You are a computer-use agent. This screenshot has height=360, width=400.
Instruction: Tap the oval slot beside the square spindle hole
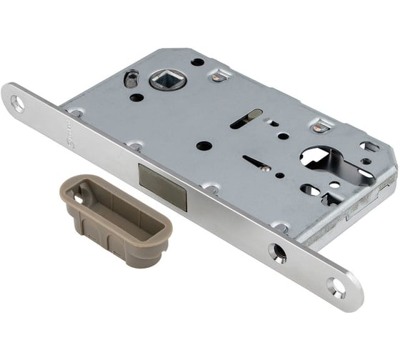(131, 79)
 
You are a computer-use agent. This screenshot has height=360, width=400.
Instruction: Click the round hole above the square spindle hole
(197, 62)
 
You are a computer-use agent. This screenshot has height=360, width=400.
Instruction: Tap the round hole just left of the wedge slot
(204, 146)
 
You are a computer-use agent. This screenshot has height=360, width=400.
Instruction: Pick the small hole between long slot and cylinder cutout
(284, 136)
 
